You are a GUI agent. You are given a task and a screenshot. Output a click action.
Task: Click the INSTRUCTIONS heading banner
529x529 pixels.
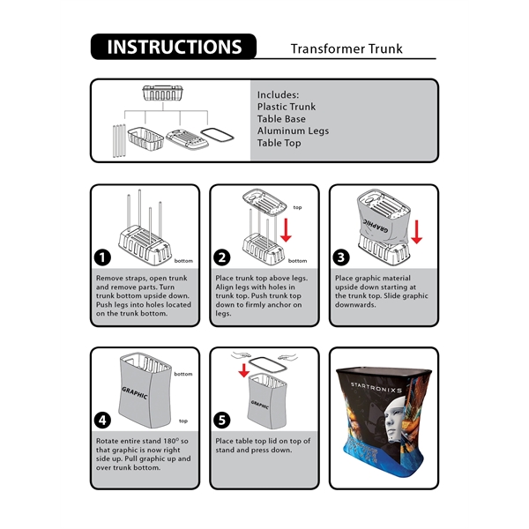coord(173,47)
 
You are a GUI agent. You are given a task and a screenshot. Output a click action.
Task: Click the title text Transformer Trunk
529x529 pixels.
coord(346,49)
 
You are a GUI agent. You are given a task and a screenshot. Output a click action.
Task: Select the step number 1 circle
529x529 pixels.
coord(103,257)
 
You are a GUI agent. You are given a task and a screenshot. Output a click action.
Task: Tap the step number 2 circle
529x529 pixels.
coord(222,257)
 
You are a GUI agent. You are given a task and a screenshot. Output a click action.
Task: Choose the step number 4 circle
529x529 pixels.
coord(103,421)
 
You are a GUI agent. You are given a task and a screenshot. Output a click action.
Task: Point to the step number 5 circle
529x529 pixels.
coord(222,421)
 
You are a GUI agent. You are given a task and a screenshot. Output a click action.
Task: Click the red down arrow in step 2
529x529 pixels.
coord(285,229)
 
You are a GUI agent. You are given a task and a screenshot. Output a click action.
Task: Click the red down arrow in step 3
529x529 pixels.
coord(416,232)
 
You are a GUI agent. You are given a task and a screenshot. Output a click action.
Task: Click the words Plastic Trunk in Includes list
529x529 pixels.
coord(286,107)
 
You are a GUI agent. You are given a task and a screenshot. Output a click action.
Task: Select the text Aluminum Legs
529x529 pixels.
coord(293,130)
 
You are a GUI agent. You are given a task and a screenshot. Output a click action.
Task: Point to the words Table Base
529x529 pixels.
coord(282,119)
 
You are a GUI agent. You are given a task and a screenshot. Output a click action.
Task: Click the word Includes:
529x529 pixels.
coord(278,94)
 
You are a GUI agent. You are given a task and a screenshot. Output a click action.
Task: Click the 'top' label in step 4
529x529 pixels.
coord(183,421)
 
